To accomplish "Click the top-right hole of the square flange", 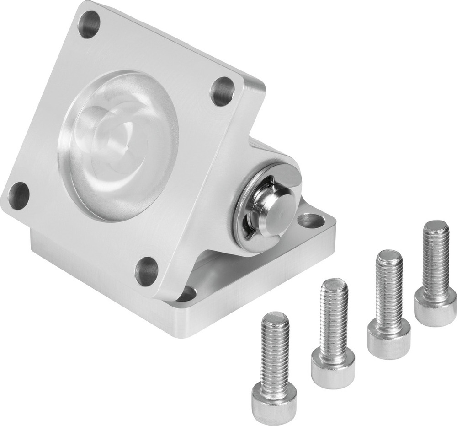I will point(223,92).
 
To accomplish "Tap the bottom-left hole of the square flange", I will point(19,195).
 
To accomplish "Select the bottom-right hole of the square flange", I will point(147,271).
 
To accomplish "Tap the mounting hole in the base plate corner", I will point(311,221).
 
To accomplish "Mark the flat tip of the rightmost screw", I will point(436,226).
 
